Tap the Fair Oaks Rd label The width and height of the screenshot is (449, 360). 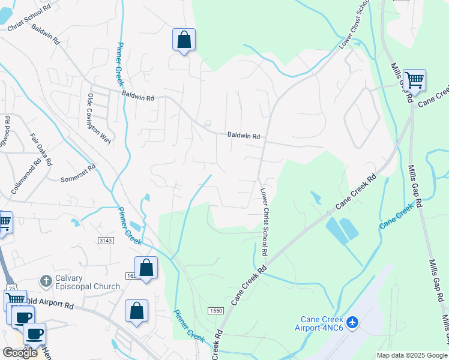pyautogui.click(x=41, y=149)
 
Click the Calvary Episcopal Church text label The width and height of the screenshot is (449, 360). pyautogui.click(x=88, y=282)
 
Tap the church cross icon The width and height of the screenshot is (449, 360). pyautogui.click(x=44, y=281)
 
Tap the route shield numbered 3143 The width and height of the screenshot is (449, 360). pyautogui.click(x=107, y=241)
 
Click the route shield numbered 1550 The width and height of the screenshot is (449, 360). pyautogui.click(x=215, y=310)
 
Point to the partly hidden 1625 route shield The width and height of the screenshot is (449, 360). pyautogui.click(x=131, y=275)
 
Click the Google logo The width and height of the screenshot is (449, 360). pyautogui.click(x=20, y=353)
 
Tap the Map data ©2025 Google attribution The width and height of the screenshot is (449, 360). pyautogui.click(x=412, y=355)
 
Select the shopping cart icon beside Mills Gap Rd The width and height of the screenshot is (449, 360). pyautogui.click(x=414, y=80)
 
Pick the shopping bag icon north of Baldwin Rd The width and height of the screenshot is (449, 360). pyautogui.click(x=184, y=40)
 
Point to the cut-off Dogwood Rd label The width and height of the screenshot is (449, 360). pyautogui.click(x=4, y=136)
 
